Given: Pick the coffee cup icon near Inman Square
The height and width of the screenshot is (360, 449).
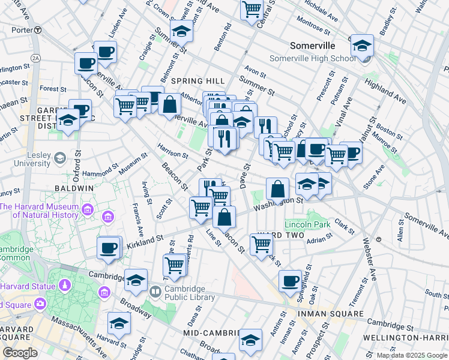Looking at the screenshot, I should coord(291,281).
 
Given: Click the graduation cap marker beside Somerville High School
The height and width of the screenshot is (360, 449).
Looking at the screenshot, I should coord(362,46).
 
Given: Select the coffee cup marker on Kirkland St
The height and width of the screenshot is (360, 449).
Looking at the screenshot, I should coord(109,247).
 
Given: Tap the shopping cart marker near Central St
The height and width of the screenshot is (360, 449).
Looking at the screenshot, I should coord(252,9).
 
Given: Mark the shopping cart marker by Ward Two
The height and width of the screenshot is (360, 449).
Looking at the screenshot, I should coord(261,244).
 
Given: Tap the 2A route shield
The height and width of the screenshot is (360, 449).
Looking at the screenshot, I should coord(35,58).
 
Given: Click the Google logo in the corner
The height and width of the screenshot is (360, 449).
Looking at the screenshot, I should coord(20,353).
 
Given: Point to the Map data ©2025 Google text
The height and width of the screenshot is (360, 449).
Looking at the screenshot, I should coord(412,355).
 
